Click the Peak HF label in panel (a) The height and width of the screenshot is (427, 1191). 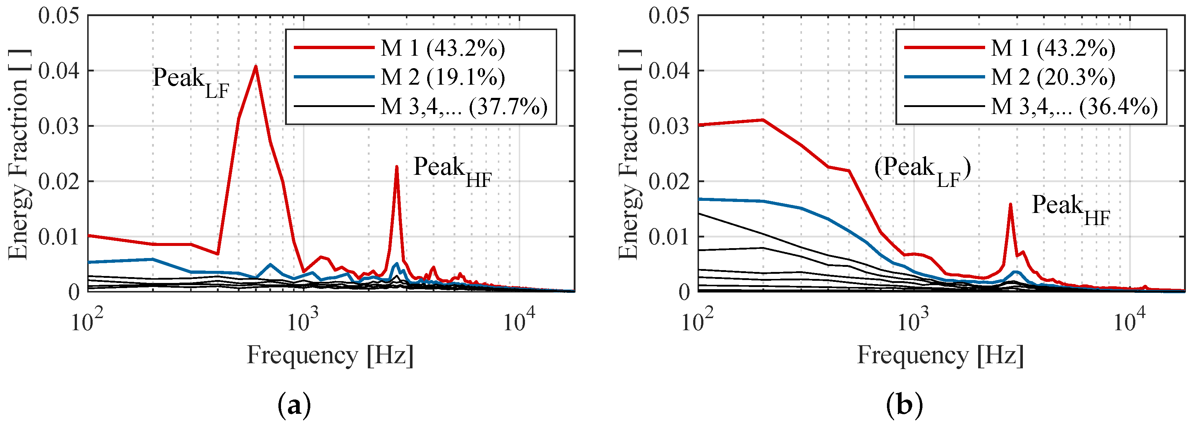(452, 171)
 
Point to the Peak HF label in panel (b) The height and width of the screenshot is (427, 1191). (1071, 209)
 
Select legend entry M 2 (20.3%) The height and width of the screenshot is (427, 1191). (1053, 77)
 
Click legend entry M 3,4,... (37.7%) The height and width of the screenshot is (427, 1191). (464, 107)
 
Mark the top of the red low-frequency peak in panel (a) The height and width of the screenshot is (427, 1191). (256, 67)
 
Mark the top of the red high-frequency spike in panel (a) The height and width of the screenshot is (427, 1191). (397, 167)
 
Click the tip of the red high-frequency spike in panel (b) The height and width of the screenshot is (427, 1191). (1010, 204)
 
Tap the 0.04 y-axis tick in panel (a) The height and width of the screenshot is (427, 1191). (58, 71)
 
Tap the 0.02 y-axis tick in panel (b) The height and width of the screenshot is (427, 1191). (669, 181)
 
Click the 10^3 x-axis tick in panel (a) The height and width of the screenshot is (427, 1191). (303, 321)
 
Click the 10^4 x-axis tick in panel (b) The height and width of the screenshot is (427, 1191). (1129, 321)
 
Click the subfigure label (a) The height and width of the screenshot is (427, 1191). (295, 406)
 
